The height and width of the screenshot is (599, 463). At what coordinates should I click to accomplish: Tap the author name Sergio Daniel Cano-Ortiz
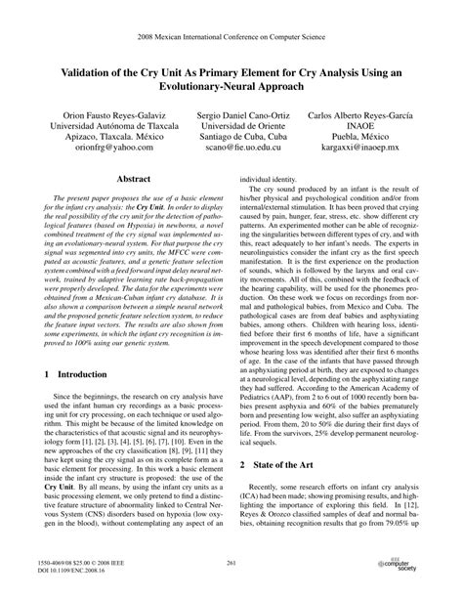231,113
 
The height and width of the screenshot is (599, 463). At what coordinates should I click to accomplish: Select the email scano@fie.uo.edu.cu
231,151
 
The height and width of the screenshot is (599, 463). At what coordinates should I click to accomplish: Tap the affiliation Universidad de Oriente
231,126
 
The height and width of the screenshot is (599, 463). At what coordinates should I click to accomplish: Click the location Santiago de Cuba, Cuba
231,139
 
